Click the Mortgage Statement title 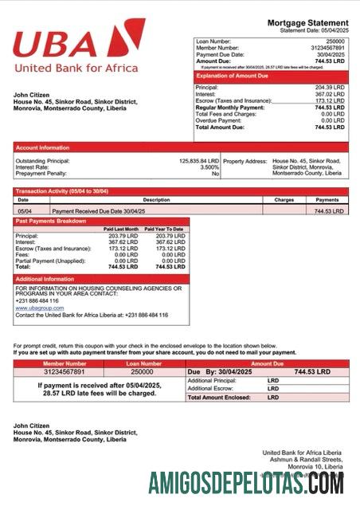(x=307, y=22)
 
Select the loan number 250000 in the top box (x=335, y=41)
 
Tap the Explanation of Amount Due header (x=233, y=76)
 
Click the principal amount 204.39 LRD (x=328, y=88)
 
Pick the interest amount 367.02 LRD (x=328, y=95)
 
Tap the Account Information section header (x=42, y=147)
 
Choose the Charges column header (x=284, y=200)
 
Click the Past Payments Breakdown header (x=51, y=220)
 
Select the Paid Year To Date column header (x=165, y=229)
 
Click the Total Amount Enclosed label (x=218, y=397)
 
